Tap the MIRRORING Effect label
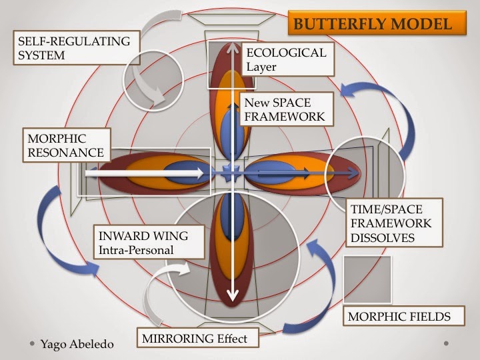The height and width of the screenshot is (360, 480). (x=195, y=339)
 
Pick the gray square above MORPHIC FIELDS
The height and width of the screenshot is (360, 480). (x=367, y=279)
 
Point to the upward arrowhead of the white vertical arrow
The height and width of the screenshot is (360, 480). (x=232, y=47)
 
